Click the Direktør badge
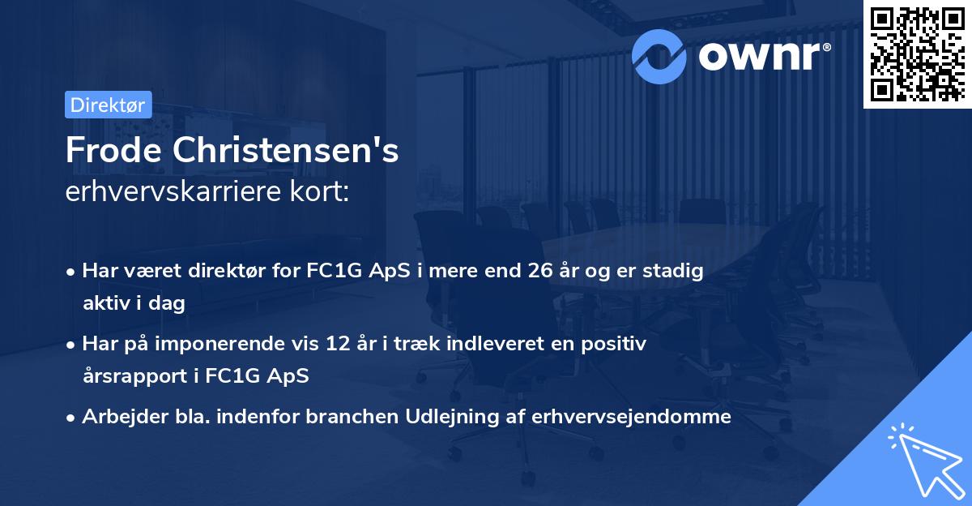pos(108,105)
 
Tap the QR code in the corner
pos(916,54)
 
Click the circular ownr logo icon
pos(659,55)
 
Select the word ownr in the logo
pos(762,55)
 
